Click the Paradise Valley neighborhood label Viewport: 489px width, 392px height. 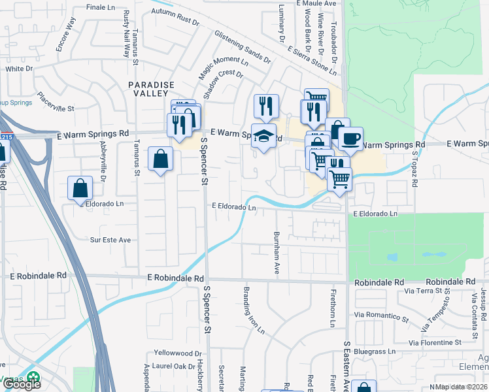click(x=152, y=90)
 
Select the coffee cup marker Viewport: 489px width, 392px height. click(x=350, y=139)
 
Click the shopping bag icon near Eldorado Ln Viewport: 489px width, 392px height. click(x=80, y=188)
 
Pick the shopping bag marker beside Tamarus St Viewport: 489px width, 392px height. click(x=160, y=159)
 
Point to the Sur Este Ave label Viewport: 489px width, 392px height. click(x=110, y=240)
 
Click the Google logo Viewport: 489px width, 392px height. click(x=22, y=384)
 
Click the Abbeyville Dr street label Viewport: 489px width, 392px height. click(x=103, y=177)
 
